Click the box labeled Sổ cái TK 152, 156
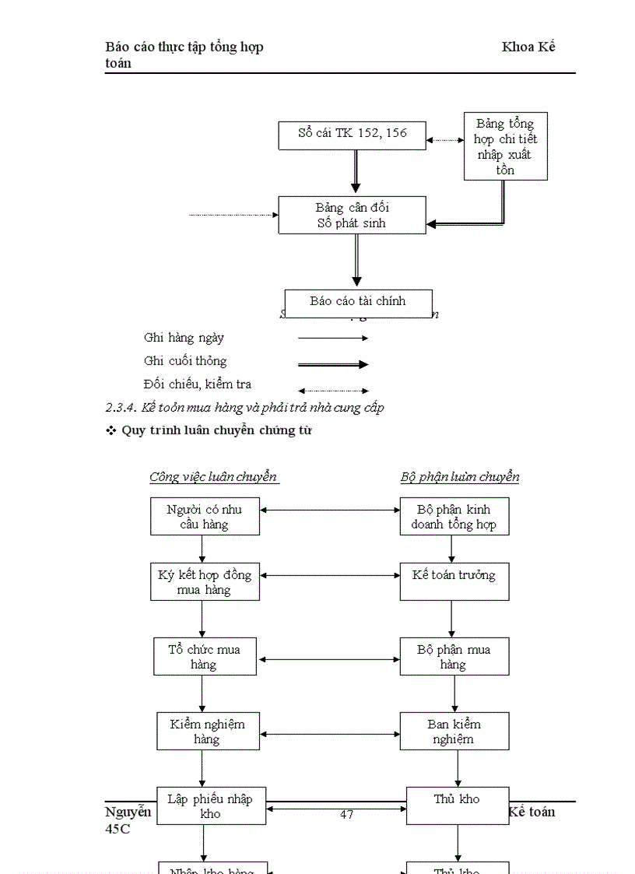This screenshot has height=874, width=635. coord(353,135)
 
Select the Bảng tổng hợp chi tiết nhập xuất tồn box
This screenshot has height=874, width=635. coord(505,146)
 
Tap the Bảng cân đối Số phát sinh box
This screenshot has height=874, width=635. coord(353,215)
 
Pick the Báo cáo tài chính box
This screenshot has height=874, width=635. coord(357,301)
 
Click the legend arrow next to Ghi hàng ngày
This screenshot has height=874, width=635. coord(332,339)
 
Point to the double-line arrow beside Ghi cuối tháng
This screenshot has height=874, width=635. coord(332,364)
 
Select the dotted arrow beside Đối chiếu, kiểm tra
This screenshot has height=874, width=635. coord(332,391)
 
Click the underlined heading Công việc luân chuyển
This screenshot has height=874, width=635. coord(213,476)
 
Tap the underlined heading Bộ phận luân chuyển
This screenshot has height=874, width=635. coord(459,476)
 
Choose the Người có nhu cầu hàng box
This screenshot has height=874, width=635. coord(205,517)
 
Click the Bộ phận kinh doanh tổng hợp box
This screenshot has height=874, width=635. coord(454,517)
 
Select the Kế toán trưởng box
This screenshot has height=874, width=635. coord(454,581)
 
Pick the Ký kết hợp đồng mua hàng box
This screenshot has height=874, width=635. coord(205,582)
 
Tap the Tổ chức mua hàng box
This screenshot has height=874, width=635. coord(205,657)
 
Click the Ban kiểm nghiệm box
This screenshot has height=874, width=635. coord(454,731)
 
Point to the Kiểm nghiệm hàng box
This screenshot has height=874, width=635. coord(208,731)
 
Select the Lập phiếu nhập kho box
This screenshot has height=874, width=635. coord(211,806)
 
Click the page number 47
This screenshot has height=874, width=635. coord(347,815)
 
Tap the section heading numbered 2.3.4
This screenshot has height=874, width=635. coord(244,408)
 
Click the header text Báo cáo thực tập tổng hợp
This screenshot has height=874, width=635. coord(184,47)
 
